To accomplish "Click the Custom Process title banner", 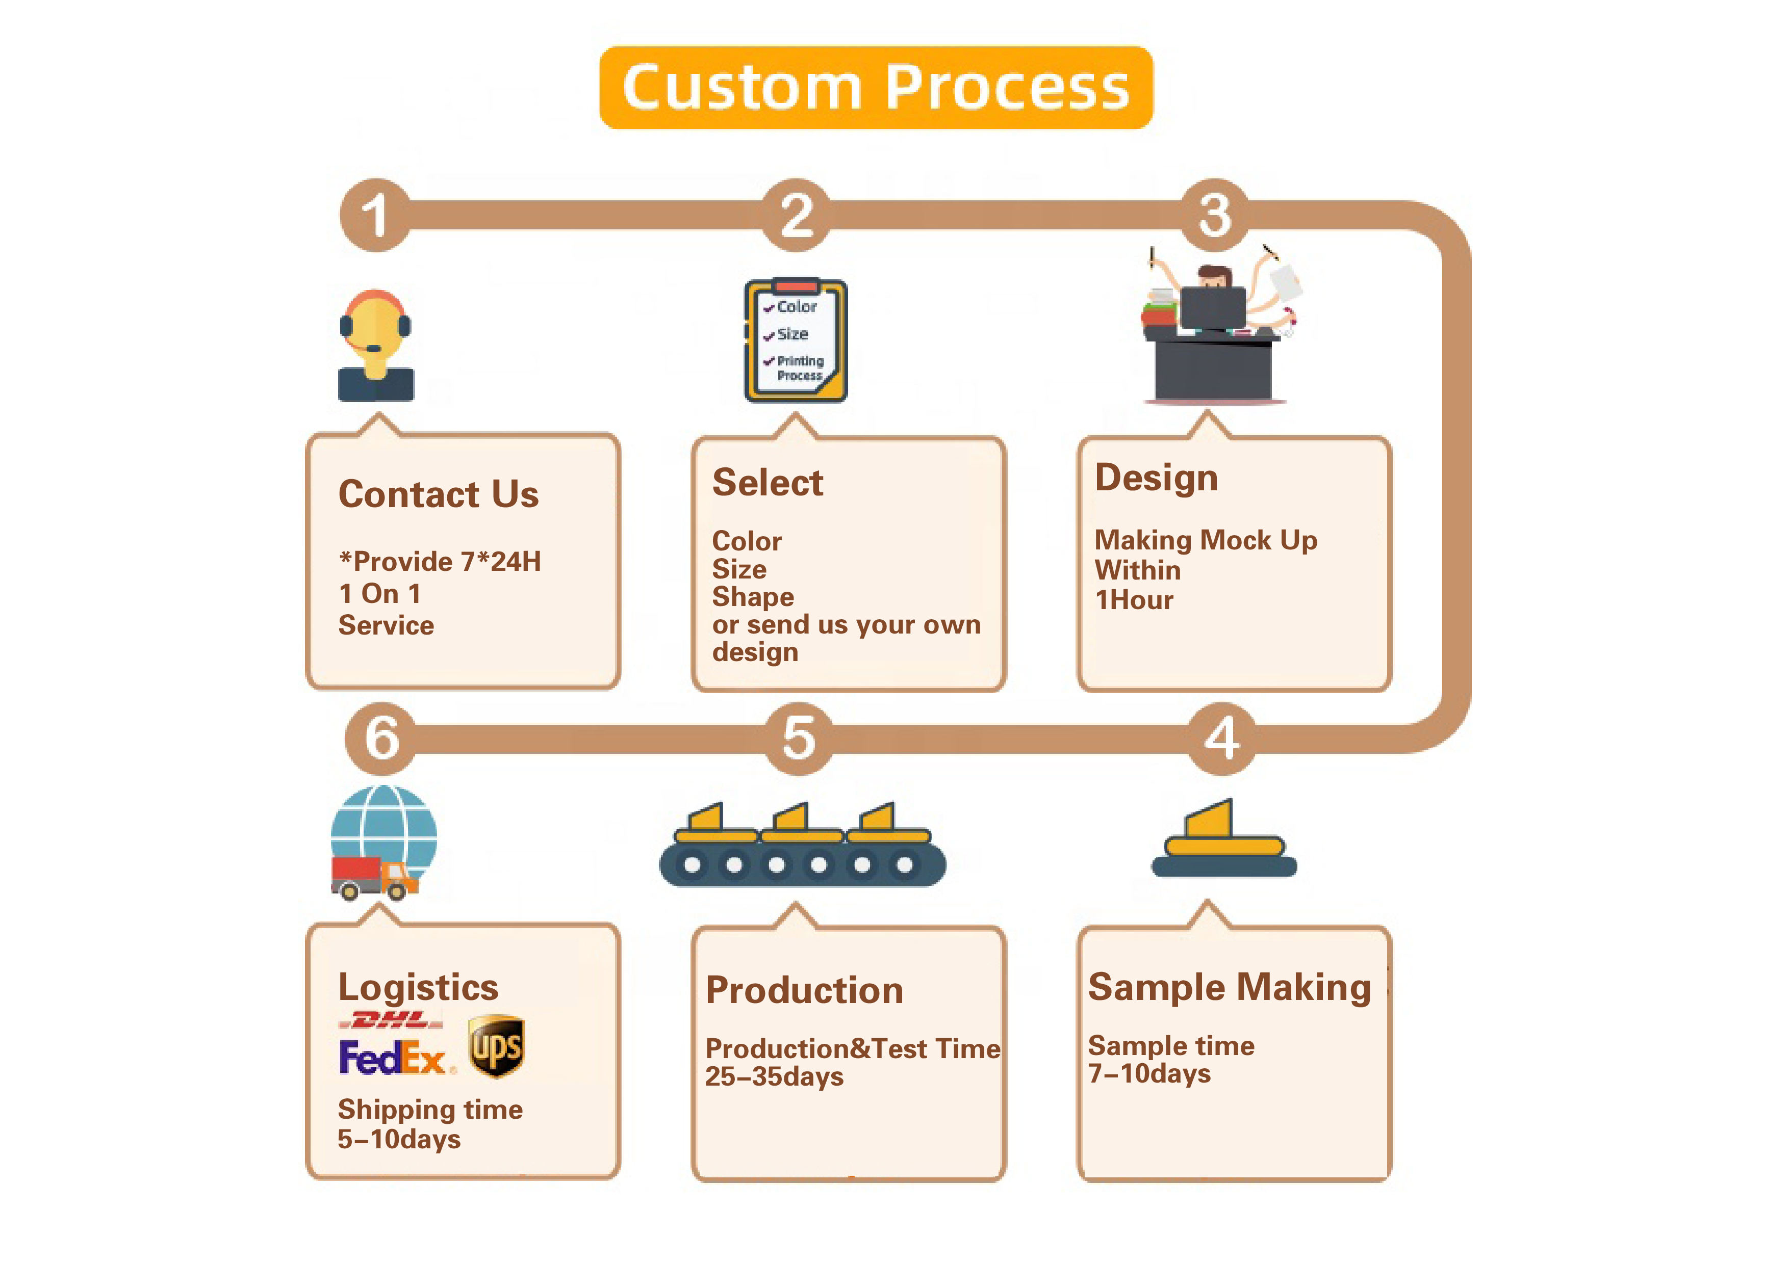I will point(875,87).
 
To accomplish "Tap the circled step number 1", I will point(375,215).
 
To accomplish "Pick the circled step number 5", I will point(799,738).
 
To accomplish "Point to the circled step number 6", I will point(382,738).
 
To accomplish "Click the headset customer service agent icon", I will point(375,346).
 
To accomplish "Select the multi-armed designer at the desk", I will point(1217,327).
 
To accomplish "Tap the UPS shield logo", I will point(496,1046).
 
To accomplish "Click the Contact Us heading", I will point(438,494).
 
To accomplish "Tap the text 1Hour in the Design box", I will point(1134,600).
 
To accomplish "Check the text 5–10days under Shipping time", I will point(399,1140).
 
